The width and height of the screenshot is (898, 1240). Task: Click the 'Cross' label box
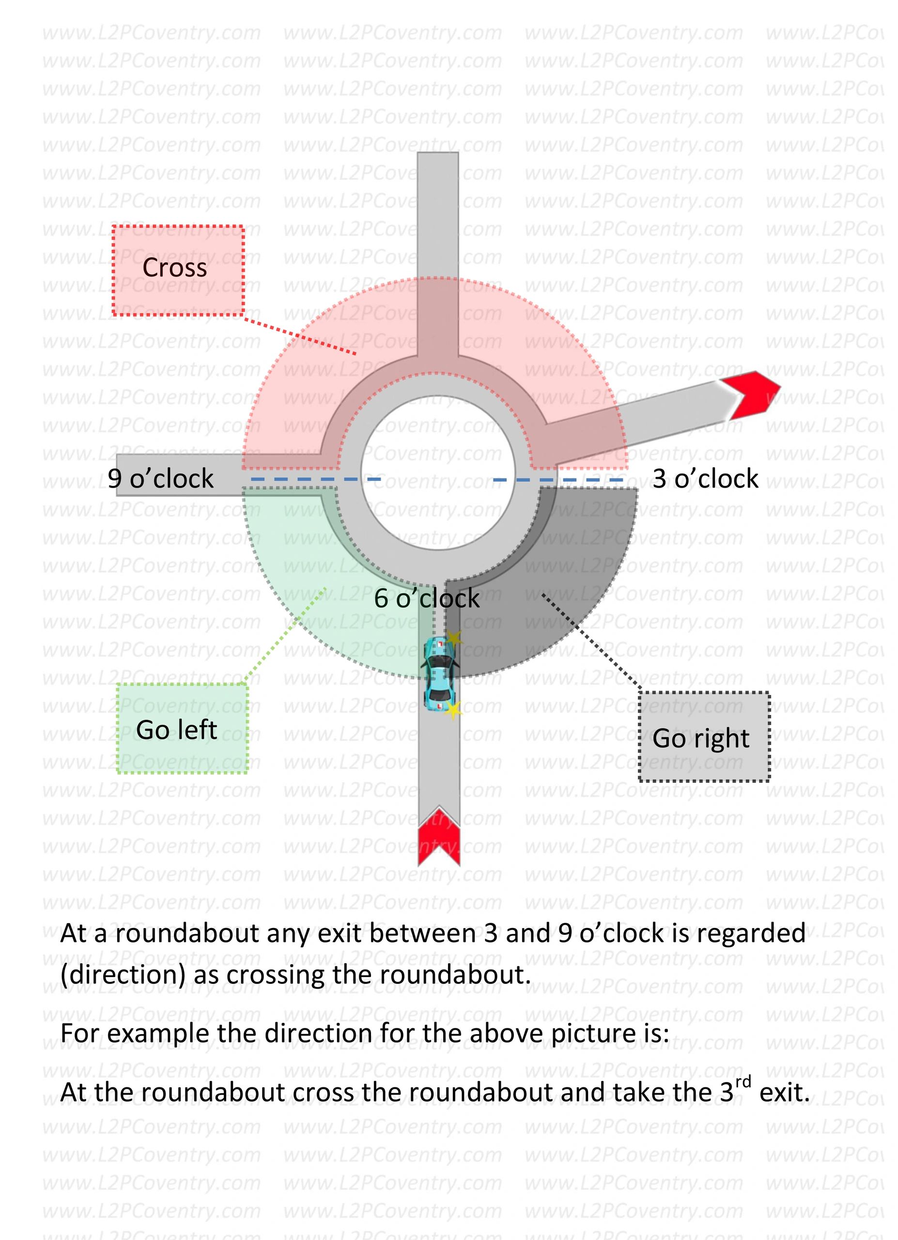pos(178,270)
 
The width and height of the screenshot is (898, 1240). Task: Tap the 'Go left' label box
pos(182,729)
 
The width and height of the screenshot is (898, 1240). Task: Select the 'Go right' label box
pos(703,738)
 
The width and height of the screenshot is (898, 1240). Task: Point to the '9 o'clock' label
pos(160,479)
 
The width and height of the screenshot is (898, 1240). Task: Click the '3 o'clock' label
pos(705,479)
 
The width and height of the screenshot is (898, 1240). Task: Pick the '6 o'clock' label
pos(426,599)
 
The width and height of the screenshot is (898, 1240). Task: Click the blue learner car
pos(439,673)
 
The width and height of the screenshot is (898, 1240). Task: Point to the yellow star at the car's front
pos(454,637)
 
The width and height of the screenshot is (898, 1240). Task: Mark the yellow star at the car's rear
pos(452,710)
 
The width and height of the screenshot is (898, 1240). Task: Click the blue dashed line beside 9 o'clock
pos(315,480)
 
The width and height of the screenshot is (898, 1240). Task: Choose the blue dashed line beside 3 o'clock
pos(557,480)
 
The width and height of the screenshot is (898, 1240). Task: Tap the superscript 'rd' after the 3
pos(743,1082)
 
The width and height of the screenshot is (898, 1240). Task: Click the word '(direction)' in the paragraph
pos(123,975)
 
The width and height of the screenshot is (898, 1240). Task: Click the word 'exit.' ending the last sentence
pos(784,1092)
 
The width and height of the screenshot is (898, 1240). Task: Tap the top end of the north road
pos(437,156)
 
